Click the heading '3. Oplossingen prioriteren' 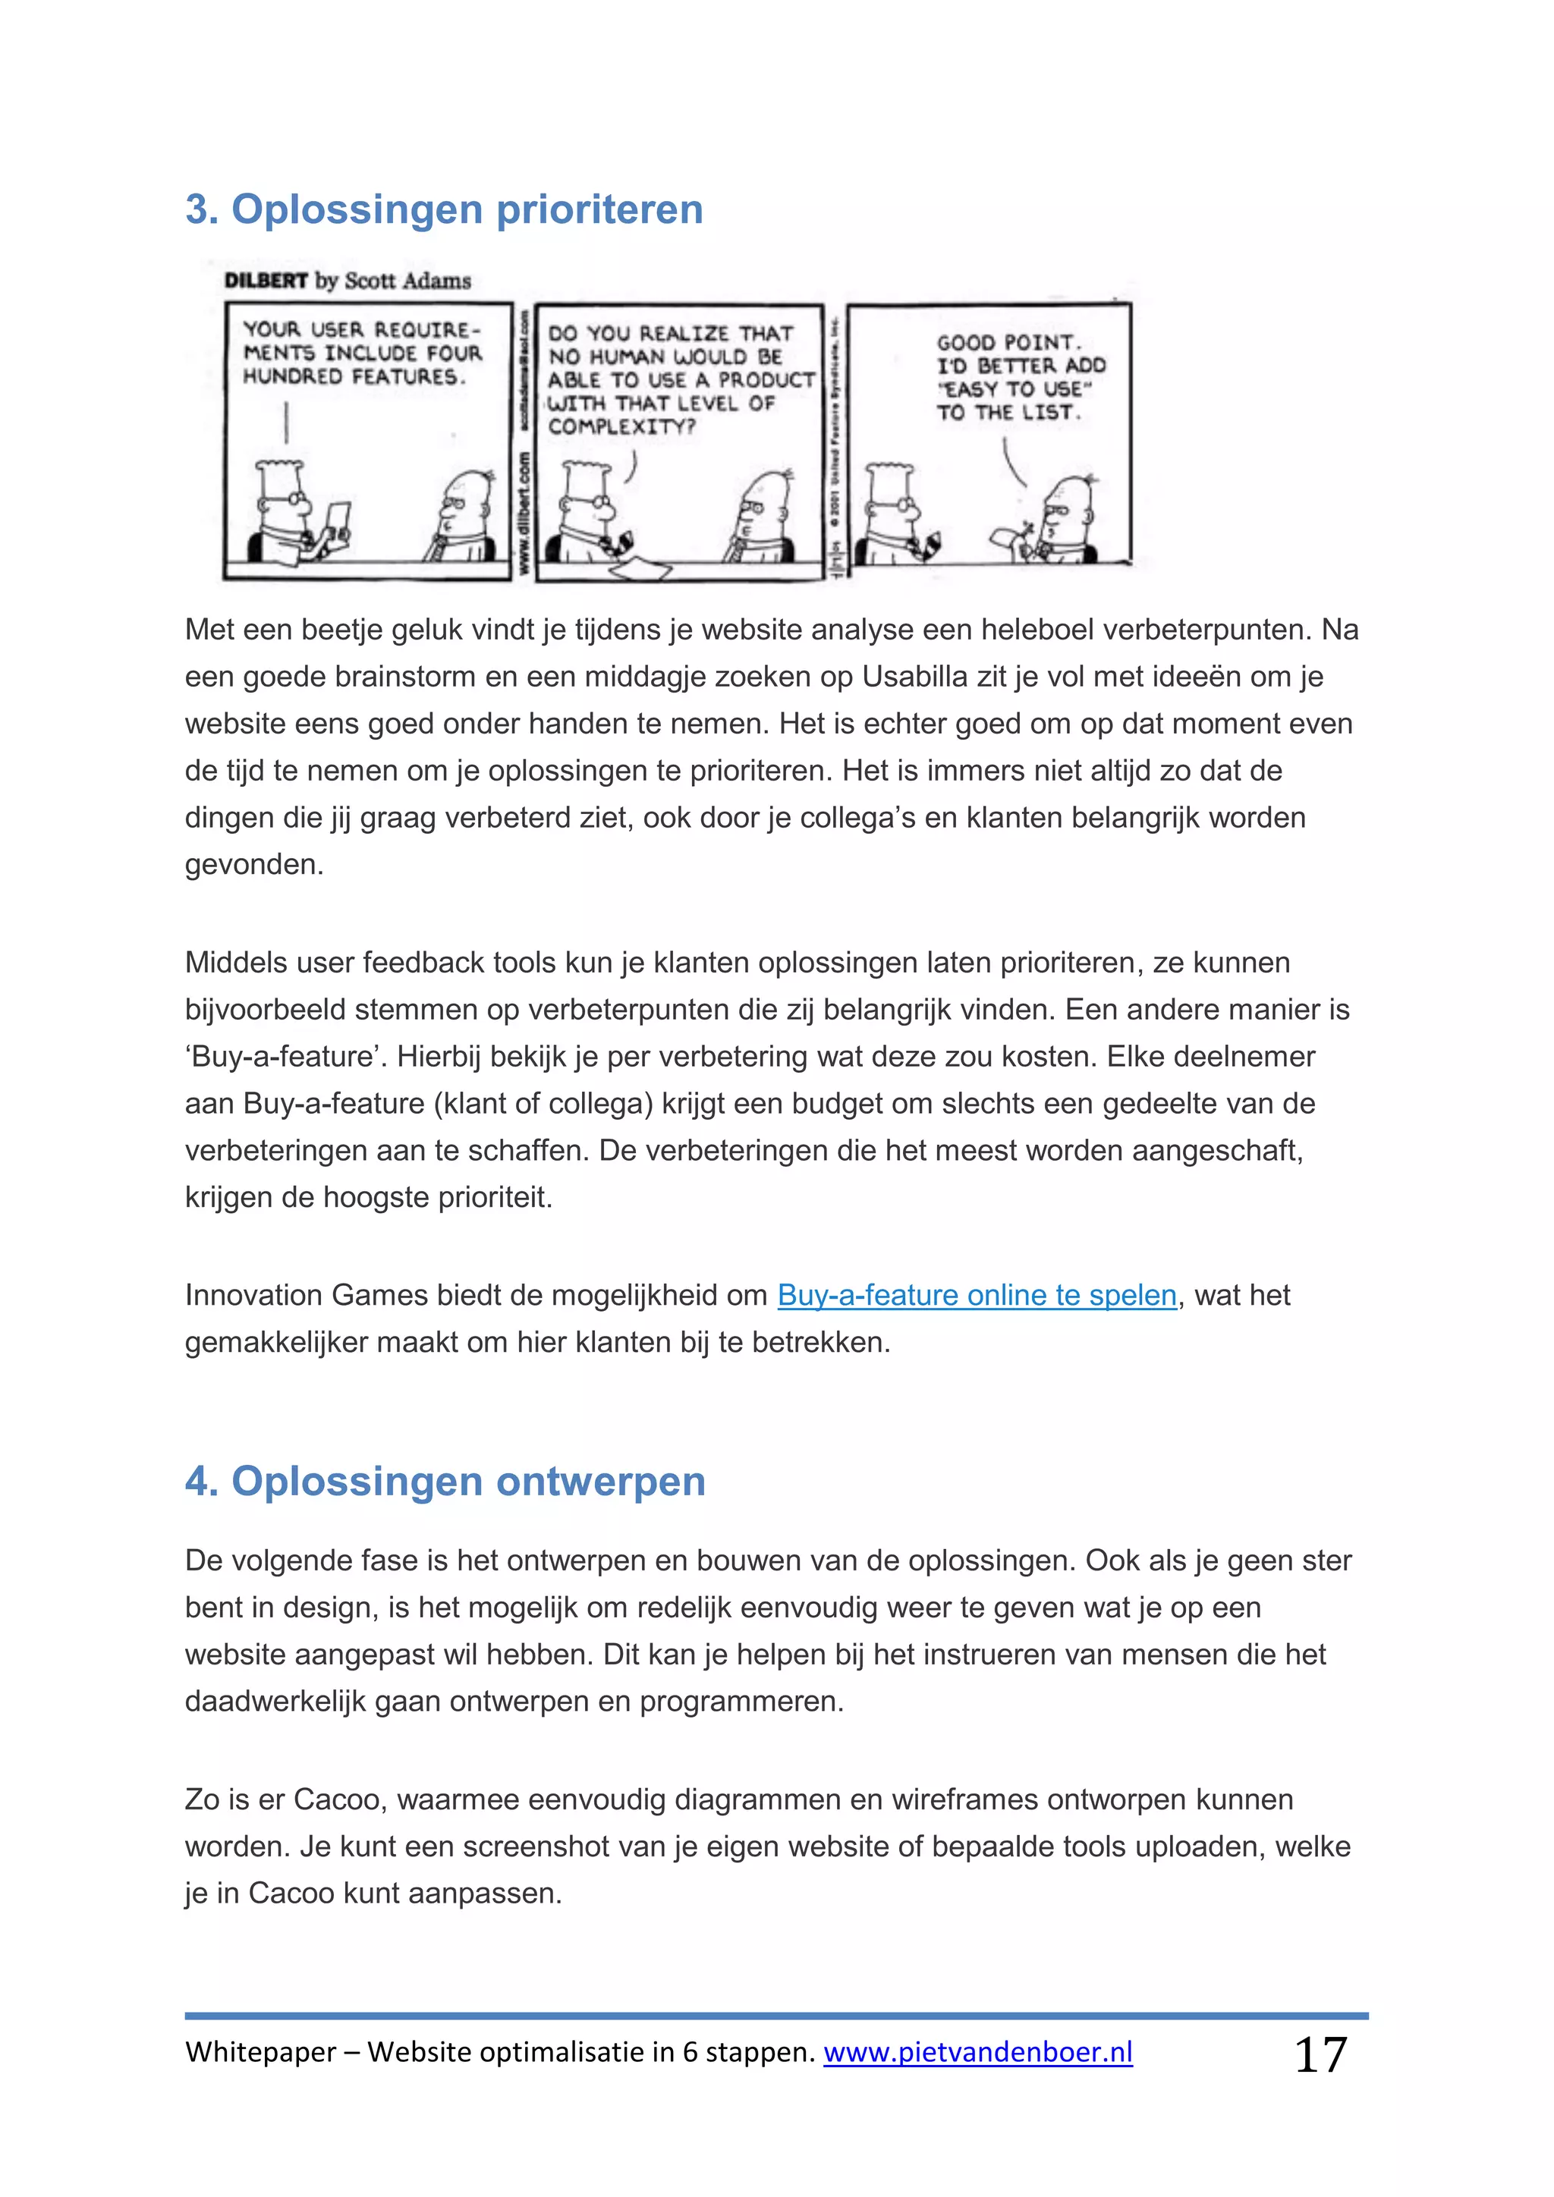(x=444, y=209)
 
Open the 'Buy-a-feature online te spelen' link (x=976, y=1295)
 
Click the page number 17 (x=1320, y=2054)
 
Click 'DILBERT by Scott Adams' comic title (x=348, y=281)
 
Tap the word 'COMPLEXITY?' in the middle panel (x=621, y=427)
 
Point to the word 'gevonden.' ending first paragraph (x=254, y=864)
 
